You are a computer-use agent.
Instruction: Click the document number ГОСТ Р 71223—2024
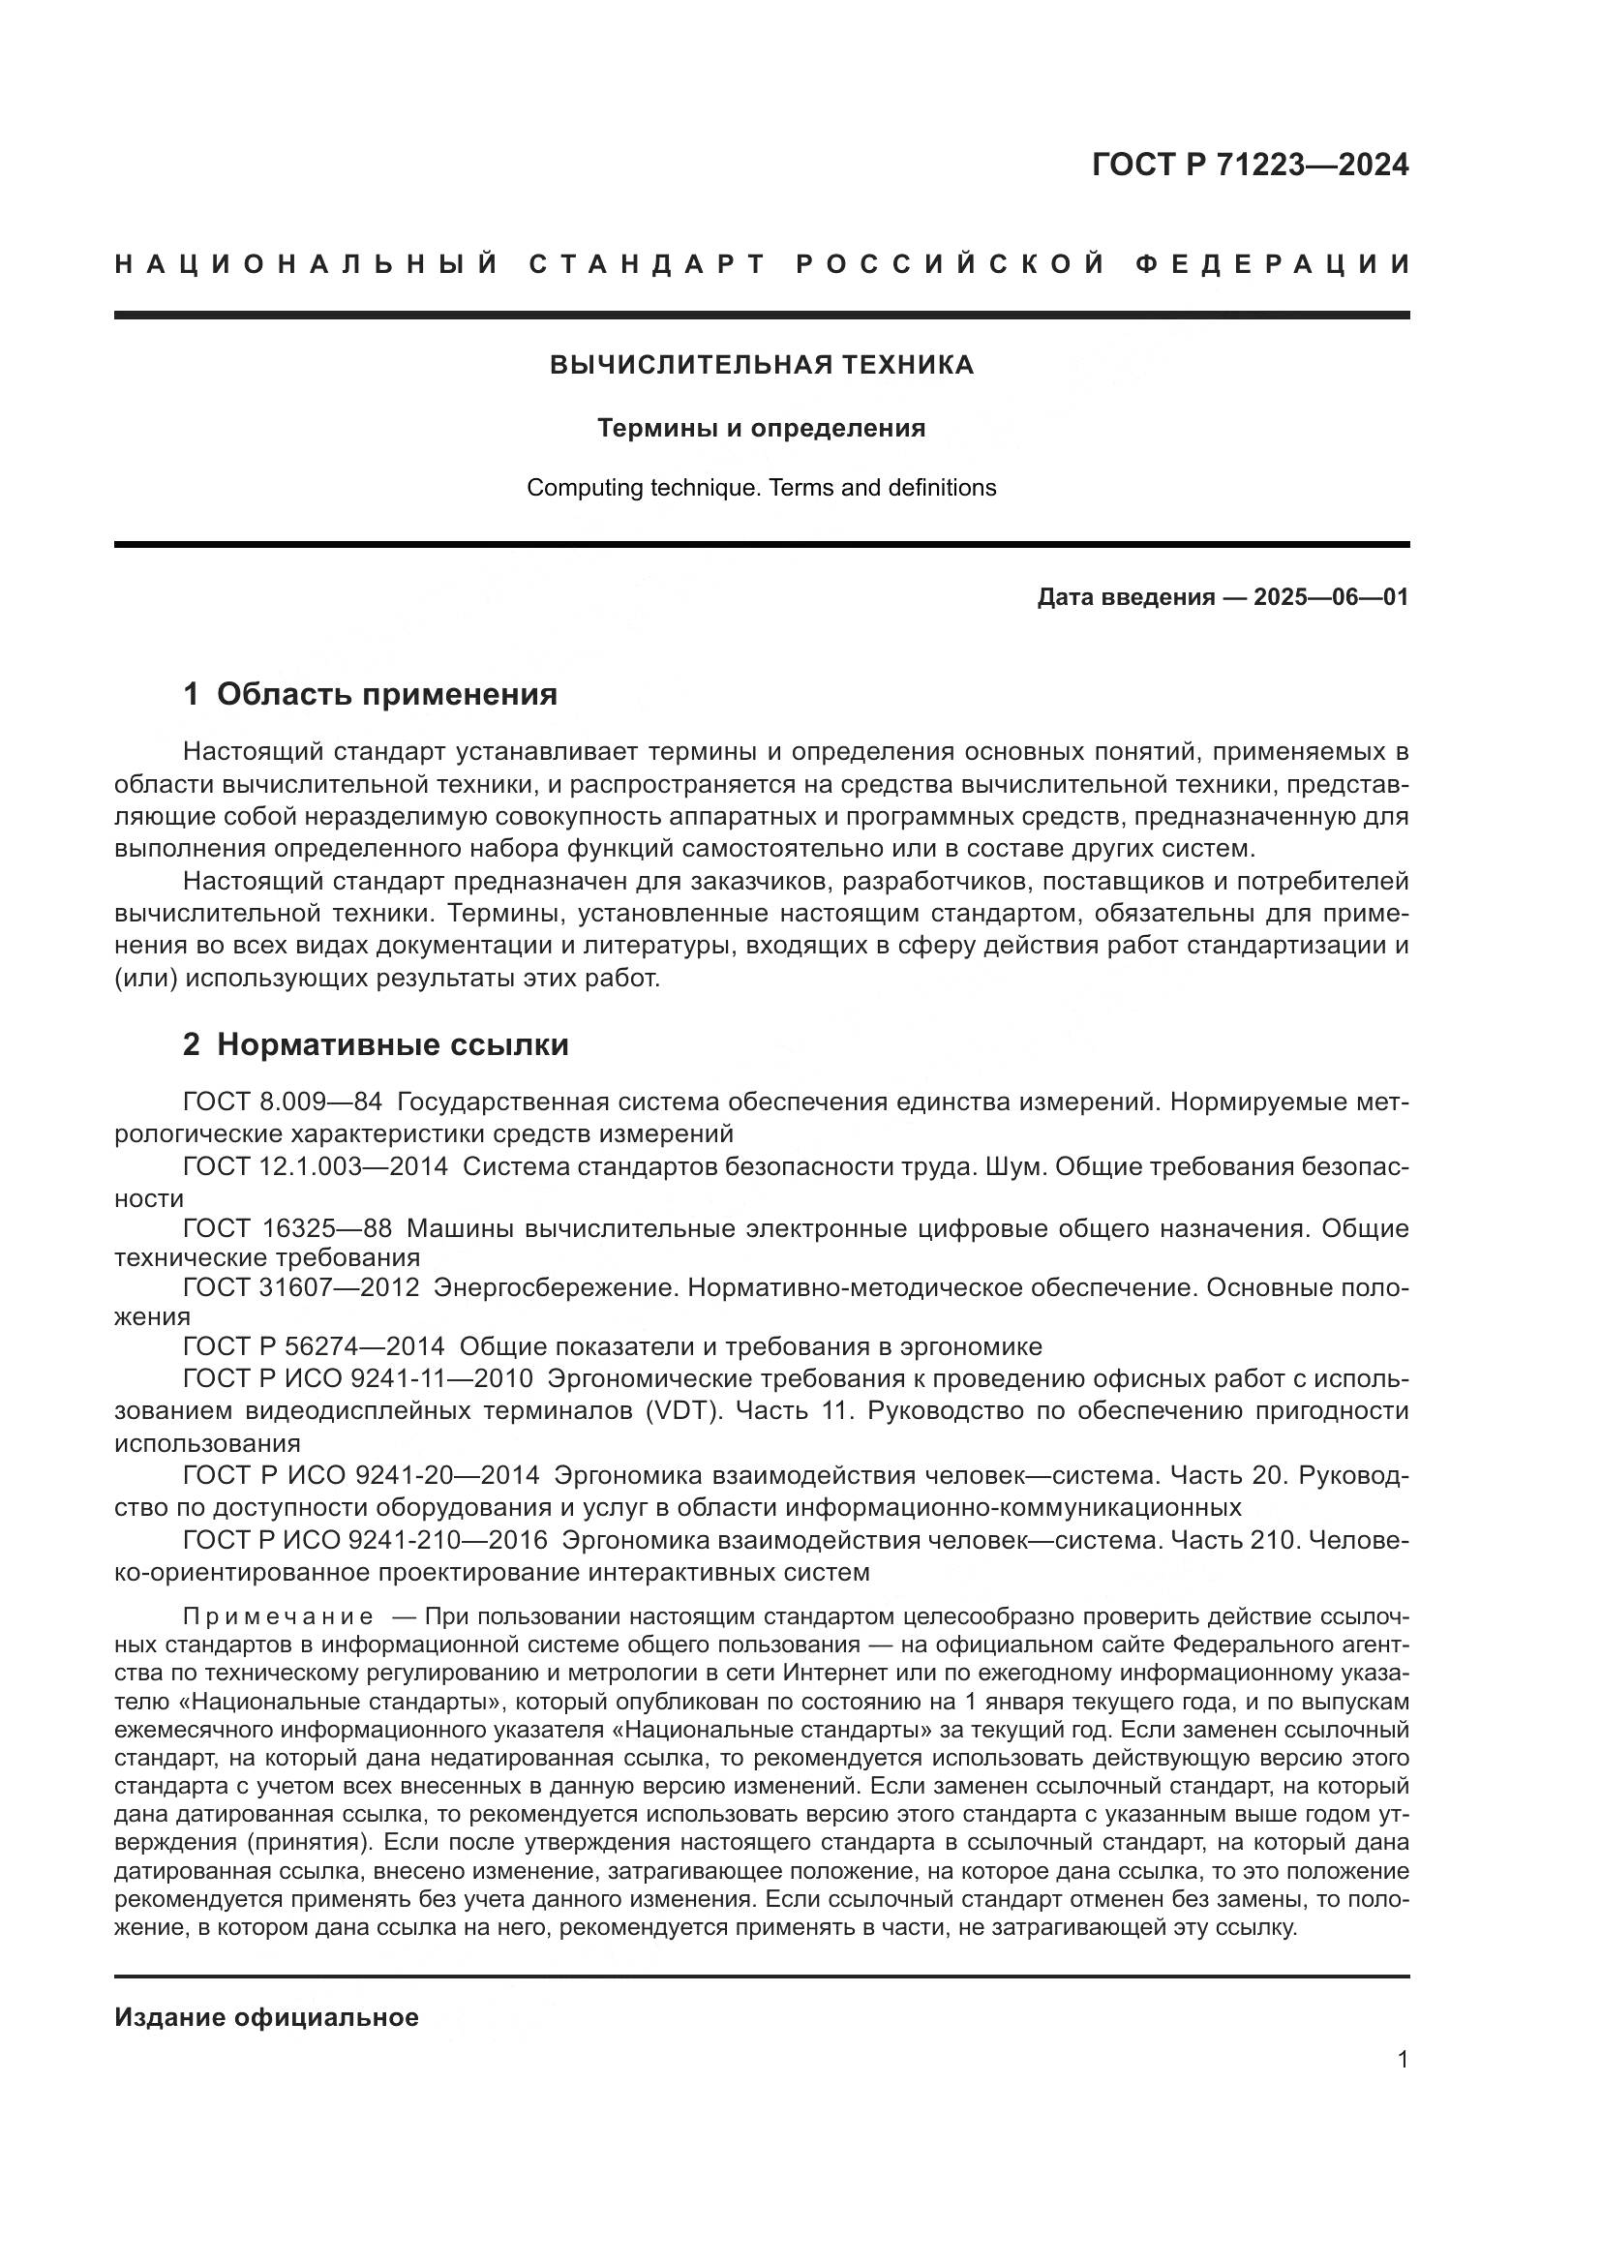tap(1250, 166)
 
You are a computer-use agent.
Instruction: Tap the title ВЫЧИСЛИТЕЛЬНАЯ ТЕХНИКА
tap(761, 366)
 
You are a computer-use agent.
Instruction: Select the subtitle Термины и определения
tap(761, 429)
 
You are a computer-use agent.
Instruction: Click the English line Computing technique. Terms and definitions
tap(761, 488)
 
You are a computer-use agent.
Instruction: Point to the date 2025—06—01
tap(1331, 597)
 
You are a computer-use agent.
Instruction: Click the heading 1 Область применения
tap(370, 695)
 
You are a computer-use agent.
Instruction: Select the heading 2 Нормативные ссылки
tap(376, 1045)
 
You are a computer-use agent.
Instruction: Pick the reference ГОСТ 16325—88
tap(287, 1228)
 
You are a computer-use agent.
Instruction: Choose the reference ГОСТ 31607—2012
tap(301, 1287)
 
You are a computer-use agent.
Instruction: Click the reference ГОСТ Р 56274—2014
tap(314, 1347)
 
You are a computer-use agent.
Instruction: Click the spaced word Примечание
tap(278, 1617)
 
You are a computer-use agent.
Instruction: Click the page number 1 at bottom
tap(1402, 2061)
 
